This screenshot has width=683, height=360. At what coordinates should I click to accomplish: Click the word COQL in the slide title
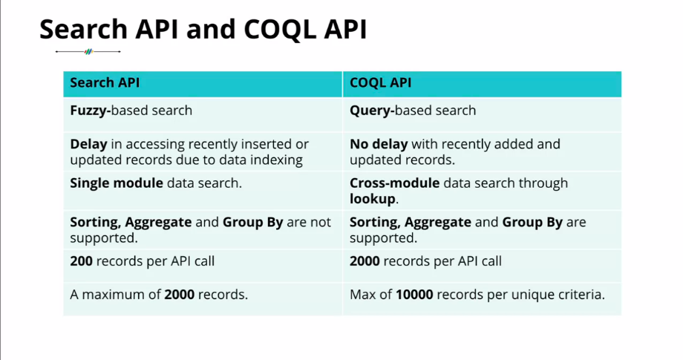[280, 30]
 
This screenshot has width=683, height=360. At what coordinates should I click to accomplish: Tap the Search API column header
[105, 82]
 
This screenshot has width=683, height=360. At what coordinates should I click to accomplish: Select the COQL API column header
[380, 82]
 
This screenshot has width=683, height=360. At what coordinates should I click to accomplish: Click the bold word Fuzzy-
[91, 111]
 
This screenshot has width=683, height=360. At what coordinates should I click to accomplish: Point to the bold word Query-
[372, 111]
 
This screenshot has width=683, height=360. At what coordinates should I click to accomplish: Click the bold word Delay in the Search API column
[88, 144]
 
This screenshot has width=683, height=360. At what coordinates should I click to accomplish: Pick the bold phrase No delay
[379, 144]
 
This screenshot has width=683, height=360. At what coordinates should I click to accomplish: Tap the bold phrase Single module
[117, 183]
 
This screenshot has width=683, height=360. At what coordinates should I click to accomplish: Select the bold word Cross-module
[395, 183]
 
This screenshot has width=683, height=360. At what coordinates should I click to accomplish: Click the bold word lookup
[373, 200]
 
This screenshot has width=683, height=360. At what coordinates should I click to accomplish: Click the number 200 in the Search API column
[81, 261]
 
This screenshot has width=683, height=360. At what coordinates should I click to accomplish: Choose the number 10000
[414, 295]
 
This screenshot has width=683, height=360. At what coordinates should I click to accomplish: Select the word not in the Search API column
[321, 223]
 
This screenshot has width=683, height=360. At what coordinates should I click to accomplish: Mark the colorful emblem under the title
[88, 52]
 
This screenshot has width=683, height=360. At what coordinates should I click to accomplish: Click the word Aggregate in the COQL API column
[438, 223]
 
